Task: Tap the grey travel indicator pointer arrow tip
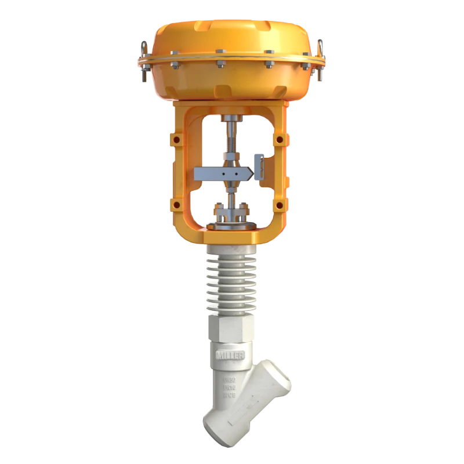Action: click(251, 172)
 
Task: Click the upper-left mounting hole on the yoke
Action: click(173, 139)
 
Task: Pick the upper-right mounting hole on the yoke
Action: click(281, 139)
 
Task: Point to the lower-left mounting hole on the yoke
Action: click(173, 205)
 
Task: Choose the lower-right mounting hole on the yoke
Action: click(281, 205)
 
